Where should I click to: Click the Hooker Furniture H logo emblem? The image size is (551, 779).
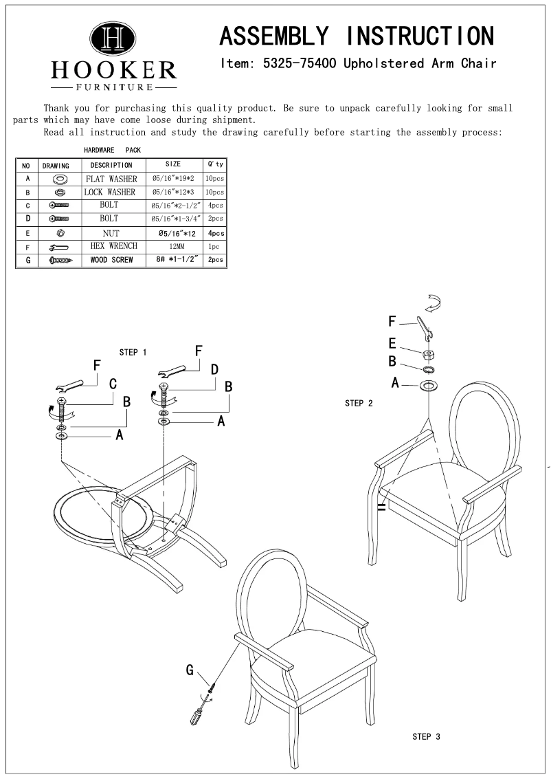(x=113, y=40)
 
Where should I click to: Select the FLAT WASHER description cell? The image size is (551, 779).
(x=111, y=179)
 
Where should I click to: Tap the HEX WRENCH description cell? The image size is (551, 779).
(x=113, y=246)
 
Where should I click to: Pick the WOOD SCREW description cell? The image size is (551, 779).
(x=111, y=260)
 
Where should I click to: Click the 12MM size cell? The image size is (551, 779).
(x=173, y=247)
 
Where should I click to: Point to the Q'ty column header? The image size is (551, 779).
(x=214, y=165)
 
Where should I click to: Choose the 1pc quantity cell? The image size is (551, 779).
(x=214, y=247)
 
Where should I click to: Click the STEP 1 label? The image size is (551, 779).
(x=133, y=352)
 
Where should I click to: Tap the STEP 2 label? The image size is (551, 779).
(x=359, y=403)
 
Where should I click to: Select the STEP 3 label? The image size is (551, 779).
(x=426, y=736)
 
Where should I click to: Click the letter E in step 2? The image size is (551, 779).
(x=392, y=343)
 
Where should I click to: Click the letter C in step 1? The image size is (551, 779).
(x=113, y=383)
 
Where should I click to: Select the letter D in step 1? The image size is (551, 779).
(x=214, y=370)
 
